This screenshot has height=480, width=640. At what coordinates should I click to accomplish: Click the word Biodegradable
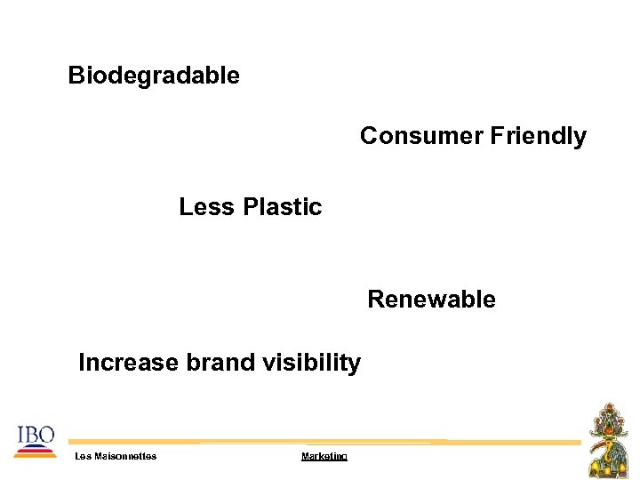point(154,76)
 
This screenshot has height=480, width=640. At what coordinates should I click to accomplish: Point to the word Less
point(202,207)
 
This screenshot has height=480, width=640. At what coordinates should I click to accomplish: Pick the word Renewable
point(431,300)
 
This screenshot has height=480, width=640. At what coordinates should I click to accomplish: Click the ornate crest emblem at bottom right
point(612,441)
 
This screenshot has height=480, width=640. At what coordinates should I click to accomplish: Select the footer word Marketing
point(324,456)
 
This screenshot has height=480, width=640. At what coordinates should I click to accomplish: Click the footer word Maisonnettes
point(124,456)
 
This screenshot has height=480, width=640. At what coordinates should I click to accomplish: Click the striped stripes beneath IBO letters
point(35,451)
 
